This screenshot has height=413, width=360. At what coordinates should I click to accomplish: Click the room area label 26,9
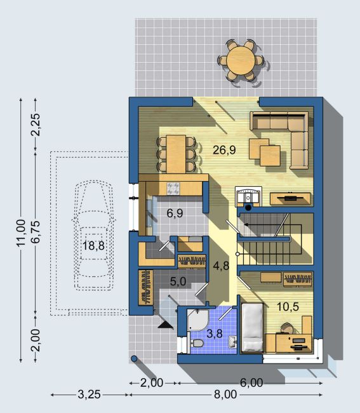pos(224,150)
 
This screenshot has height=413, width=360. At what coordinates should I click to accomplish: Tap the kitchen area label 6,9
pos(175,213)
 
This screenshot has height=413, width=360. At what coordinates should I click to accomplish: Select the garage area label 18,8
pos(93,246)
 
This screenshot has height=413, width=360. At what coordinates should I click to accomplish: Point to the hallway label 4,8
pos(221,266)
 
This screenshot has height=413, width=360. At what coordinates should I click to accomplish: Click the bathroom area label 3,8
pos(215,334)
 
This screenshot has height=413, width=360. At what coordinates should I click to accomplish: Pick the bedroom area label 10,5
pos(288,307)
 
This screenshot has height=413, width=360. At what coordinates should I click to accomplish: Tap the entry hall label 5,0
pos(178,281)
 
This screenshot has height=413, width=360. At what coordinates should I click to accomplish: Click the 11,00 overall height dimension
pos(21,233)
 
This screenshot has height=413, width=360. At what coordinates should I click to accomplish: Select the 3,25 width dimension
pos(90,395)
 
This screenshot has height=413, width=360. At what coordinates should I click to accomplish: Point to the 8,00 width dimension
pos(225,395)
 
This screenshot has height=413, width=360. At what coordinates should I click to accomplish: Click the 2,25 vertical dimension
pos(36,125)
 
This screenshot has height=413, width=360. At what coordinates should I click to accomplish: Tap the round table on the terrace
pos(241,60)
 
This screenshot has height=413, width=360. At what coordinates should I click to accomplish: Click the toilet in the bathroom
pos(196,343)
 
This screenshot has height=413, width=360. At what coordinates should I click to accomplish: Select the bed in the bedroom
pos(252,327)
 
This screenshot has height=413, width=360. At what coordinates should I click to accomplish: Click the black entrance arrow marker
pos(166,325)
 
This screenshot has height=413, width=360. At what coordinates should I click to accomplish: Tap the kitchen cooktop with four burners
pos(173,189)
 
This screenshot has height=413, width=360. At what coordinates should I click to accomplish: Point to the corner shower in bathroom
pos(197,320)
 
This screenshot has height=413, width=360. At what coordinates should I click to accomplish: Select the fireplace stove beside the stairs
pos(248,196)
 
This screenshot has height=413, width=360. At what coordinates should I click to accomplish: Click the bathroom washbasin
pos(233,342)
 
